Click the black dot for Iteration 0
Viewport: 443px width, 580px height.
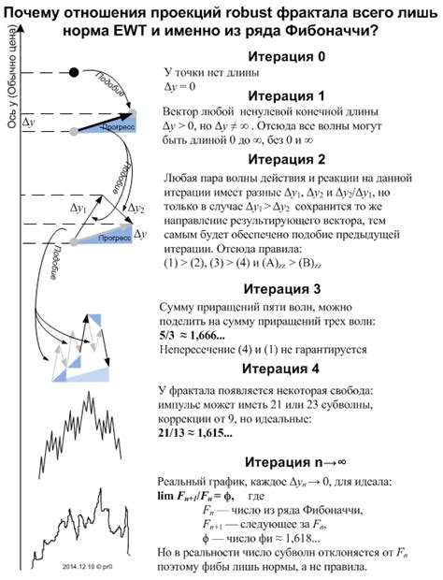[74, 71]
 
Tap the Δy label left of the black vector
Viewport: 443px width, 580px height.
[29, 123]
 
